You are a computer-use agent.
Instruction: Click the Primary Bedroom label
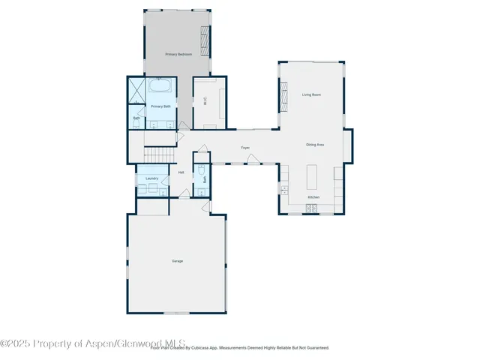[x=179, y=55]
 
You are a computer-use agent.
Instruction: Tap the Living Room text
[x=312, y=94]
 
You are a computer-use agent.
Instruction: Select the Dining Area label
[x=315, y=144]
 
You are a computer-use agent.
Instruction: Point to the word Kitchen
[x=313, y=197]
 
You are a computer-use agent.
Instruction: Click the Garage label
[x=178, y=261]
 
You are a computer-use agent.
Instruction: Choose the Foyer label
[x=245, y=148]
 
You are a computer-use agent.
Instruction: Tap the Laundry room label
[x=152, y=178]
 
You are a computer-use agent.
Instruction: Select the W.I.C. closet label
[x=205, y=101]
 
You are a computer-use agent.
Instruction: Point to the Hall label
[x=181, y=172]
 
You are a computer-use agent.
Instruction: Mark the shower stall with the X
[x=136, y=90]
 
